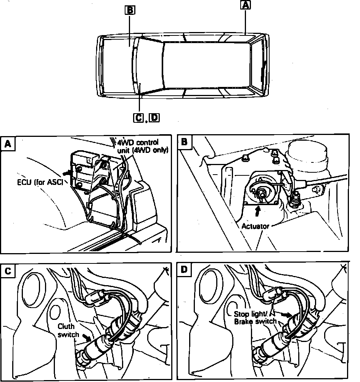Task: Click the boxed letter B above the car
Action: pyautogui.click(x=130, y=10)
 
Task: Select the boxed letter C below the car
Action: pyautogui.click(x=138, y=118)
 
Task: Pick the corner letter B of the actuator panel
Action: pyautogui.click(x=184, y=142)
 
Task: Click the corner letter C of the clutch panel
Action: pyautogui.click(x=8, y=271)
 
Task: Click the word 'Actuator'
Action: pyautogui.click(x=255, y=226)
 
